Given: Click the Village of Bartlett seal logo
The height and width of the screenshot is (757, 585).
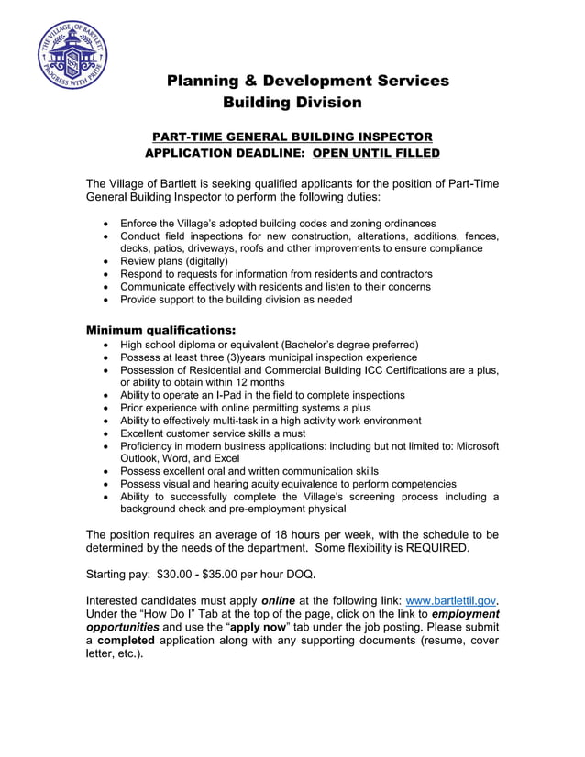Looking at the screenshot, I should [72, 55].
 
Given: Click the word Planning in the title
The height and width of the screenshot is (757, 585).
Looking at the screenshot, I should [204, 81].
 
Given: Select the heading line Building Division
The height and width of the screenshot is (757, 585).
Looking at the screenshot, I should [292, 103].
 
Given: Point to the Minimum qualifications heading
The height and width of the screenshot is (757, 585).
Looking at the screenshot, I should [160, 329].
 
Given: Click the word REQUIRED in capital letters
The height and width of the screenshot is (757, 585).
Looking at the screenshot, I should [432, 548].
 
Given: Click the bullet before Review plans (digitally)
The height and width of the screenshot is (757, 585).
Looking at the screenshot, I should [108, 261].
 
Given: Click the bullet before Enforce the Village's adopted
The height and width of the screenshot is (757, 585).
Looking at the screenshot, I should [108, 224].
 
